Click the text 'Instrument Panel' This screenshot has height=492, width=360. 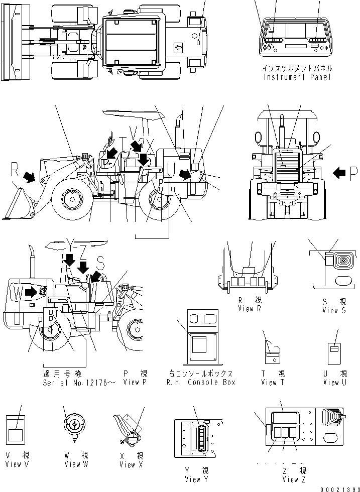coord(297,77)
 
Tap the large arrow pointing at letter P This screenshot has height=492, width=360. coord(339,173)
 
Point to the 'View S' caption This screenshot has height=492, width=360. coord(334,310)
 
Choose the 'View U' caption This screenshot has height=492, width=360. coord(335,383)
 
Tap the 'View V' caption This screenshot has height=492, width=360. coord(17,464)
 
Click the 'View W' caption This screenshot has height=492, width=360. coord(76,464)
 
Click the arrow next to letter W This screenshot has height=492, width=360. coord(30,291)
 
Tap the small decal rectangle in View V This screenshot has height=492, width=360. coord(17,435)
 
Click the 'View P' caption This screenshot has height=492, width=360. coord(135,383)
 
